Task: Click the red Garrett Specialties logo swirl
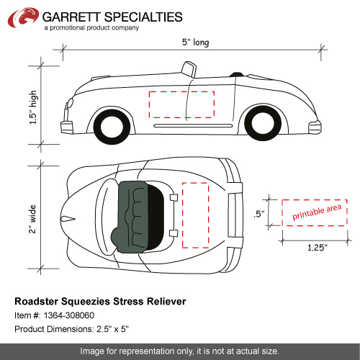(x=23, y=17)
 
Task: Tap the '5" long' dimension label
(x=195, y=42)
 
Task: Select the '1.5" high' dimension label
(x=33, y=107)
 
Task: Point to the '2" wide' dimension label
(x=32, y=219)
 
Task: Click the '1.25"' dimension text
(x=318, y=248)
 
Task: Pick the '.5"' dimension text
(x=259, y=214)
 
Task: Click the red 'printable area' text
(x=317, y=212)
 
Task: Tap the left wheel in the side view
(x=112, y=127)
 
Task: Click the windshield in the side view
(x=189, y=70)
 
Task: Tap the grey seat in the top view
(x=132, y=217)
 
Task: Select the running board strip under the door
(x=193, y=126)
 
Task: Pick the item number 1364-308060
(x=69, y=315)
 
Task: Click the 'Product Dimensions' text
(x=54, y=329)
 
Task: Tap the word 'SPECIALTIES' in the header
(x=143, y=17)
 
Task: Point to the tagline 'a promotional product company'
(x=91, y=28)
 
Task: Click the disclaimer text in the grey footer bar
(x=179, y=351)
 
